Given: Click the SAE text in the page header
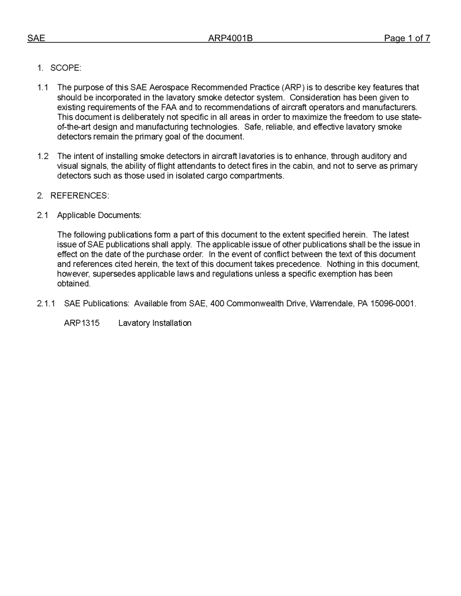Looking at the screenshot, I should coord(36,38).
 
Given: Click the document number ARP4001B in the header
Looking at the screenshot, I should coord(230,38).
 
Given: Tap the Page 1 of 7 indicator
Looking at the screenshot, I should coord(407,38).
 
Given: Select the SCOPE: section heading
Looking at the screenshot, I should coord(66,68).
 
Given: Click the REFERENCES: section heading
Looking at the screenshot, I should coord(80,196).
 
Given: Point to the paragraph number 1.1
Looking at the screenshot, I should coord(43,88).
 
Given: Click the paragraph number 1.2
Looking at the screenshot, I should coord(43,157).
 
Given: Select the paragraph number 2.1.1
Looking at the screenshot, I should coord(46,304).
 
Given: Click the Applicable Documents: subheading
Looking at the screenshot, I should coord(99,215).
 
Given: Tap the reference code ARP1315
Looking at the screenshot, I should coord(82,323).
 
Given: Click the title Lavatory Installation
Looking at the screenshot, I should coord(155,323).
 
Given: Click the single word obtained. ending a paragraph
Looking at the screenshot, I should coord(74,284).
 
